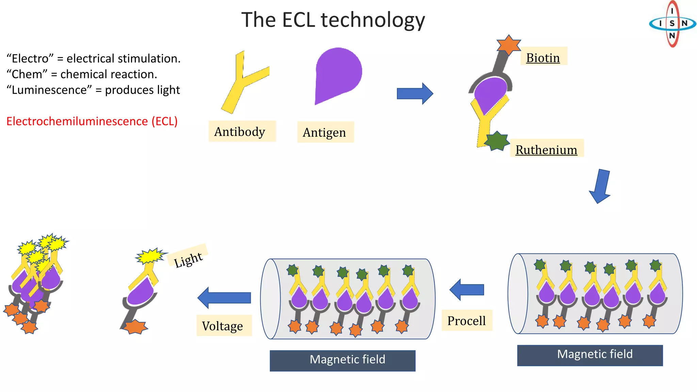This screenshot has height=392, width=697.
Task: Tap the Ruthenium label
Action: [x=546, y=149]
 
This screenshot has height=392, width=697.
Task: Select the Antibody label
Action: [x=240, y=131]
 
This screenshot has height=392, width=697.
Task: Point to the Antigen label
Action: [x=324, y=132]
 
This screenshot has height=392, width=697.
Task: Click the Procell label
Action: [x=467, y=321]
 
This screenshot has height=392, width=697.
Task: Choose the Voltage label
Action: [x=223, y=326]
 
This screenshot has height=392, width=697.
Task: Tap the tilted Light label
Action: [x=188, y=260]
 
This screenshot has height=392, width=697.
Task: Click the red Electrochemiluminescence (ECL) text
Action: [x=92, y=121]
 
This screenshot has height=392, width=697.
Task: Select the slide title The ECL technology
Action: [x=333, y=20]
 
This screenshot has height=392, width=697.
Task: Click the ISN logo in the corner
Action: [x=672, y=23]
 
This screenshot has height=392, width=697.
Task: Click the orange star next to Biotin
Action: [x=508, y=44]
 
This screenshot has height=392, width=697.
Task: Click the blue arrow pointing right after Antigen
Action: [x=415, y=93]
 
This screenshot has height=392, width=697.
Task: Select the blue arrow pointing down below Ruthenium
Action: [x=601, y=186]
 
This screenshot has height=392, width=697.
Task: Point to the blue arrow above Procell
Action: [x=467, y=290]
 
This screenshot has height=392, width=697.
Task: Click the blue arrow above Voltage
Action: [x=224, y=297]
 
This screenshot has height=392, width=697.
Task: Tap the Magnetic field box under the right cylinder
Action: [x=590, y=355]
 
